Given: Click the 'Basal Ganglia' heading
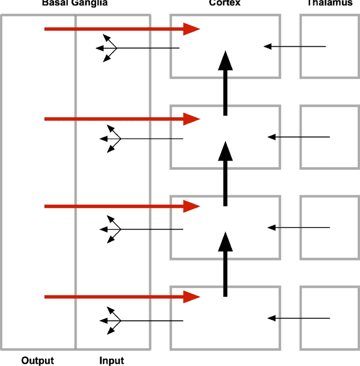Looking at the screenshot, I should [75, 3].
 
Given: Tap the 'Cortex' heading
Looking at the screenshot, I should [226, 3].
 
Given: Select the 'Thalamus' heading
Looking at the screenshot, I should [331, 3].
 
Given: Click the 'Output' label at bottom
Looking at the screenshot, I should [37, 360].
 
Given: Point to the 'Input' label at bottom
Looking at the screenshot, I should [111, 360].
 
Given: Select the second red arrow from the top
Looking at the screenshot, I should [118, 118].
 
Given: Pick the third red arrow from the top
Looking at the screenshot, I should [118, 207].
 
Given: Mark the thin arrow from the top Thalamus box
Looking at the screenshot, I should [295, 46].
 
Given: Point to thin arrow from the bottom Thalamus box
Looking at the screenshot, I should [298, 318].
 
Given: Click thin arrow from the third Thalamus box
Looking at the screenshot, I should [298, 227].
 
